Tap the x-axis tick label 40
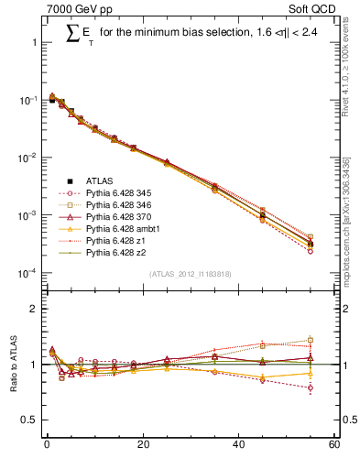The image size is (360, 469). (238, 446)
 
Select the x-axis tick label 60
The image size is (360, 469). (333, 446)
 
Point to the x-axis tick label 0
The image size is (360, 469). (47, 446)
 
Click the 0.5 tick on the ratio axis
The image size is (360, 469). (31, 420)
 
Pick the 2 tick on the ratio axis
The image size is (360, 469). (35, 309)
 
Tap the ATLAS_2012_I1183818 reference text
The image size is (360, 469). (190, 274)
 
